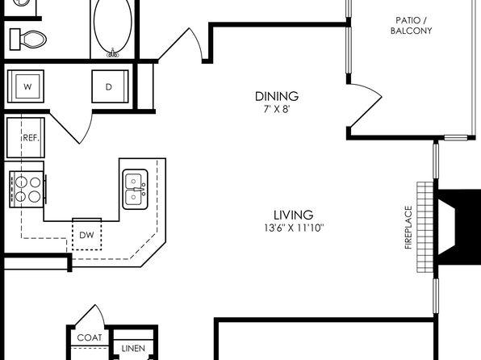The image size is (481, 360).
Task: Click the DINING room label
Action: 277,96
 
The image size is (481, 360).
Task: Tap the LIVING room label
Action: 293,215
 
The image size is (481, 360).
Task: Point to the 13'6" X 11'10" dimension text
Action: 294,228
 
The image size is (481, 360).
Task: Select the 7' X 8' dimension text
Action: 277,109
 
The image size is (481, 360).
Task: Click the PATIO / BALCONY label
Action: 411,26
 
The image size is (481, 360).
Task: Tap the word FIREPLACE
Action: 408,227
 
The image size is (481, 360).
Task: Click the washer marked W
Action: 26,86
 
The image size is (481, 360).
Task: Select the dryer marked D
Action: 110,86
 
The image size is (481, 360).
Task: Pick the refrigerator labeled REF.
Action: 26,137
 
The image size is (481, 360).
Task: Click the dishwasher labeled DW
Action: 87,234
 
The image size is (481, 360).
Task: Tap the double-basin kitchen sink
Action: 136,189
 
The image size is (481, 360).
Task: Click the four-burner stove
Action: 27,189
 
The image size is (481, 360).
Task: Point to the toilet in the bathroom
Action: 27,40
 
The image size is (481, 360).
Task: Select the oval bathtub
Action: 112,27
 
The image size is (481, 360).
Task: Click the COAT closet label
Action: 90,337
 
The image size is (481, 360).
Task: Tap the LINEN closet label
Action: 133,349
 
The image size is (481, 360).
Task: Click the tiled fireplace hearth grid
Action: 425,227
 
